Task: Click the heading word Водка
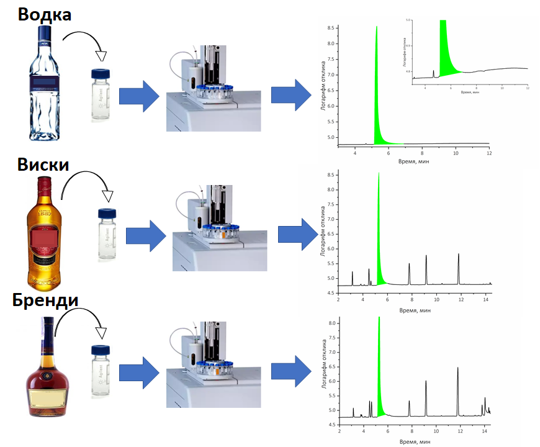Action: pyautogui.click(x=44, y=14)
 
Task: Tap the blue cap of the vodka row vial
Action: pyautogui.click(x=100, y=74)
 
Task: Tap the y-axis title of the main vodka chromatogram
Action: pyautogui.click(x=323, y=87)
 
